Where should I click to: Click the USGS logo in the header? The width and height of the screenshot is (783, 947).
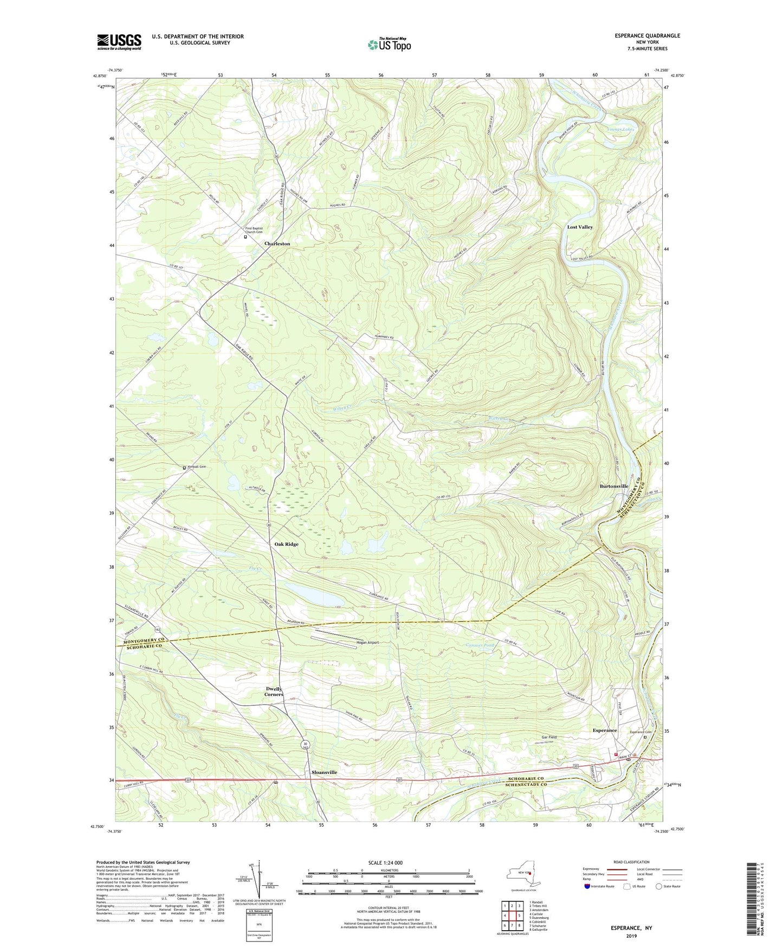(x=119, y=42)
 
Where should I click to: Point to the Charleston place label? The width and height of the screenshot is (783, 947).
(x=277, y=244)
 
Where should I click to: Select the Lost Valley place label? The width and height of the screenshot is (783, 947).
(x=579, y=227)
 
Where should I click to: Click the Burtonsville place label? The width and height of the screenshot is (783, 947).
(x=613, y=487)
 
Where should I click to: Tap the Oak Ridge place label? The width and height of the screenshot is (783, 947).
(x=286, y=544)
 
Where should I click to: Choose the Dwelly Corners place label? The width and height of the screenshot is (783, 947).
(x=274, y=692)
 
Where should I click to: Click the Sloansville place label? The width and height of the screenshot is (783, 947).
(x=324, y=772)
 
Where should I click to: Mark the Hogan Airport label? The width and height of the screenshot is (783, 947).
(x=367, y=643)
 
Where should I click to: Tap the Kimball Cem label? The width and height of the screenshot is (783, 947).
(x=197, y=467)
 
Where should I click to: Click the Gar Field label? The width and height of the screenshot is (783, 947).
(x=549, y=738)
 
